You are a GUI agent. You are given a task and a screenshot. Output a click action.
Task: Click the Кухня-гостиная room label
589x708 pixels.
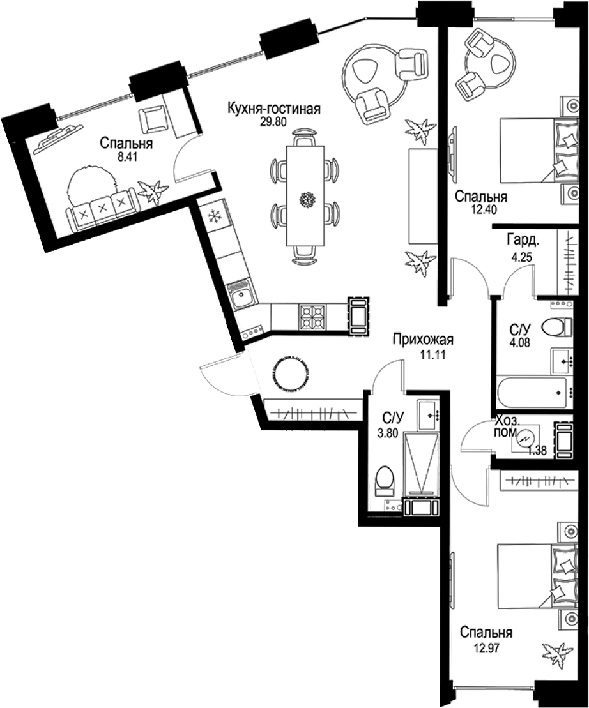pyautogui.click(x=274, y=109)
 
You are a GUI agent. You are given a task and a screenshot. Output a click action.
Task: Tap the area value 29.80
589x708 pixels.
pyautogui.click(x=273, y=123)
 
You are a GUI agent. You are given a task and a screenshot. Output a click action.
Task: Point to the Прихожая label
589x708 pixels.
pyautogui.click(x=423, y=340)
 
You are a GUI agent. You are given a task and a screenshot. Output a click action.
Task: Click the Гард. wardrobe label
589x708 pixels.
pyautogui.click(x=523, y=241)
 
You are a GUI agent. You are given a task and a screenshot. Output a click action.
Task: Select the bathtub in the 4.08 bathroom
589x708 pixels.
pyautogui.click(x=532, y=393)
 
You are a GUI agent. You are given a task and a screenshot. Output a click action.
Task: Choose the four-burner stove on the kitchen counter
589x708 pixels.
pyautogui.click(x=312, y=317)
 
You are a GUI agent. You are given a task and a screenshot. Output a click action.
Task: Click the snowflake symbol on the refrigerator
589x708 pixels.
pyautogui.click(x=213, y=217)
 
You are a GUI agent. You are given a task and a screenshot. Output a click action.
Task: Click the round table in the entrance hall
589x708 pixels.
pyautogui.click(x=291, y=374)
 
